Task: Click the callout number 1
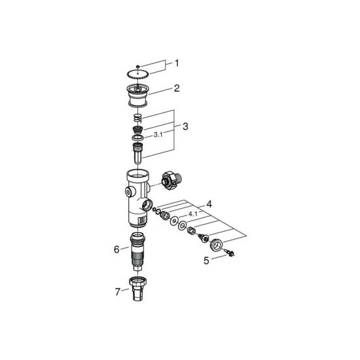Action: [x=175, y=63]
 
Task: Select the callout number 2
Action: [x=176, y=87]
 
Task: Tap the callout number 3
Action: [x=186, y=125]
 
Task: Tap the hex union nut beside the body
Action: [x=168, y=180]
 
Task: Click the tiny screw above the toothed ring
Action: [x=139, y=65]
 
